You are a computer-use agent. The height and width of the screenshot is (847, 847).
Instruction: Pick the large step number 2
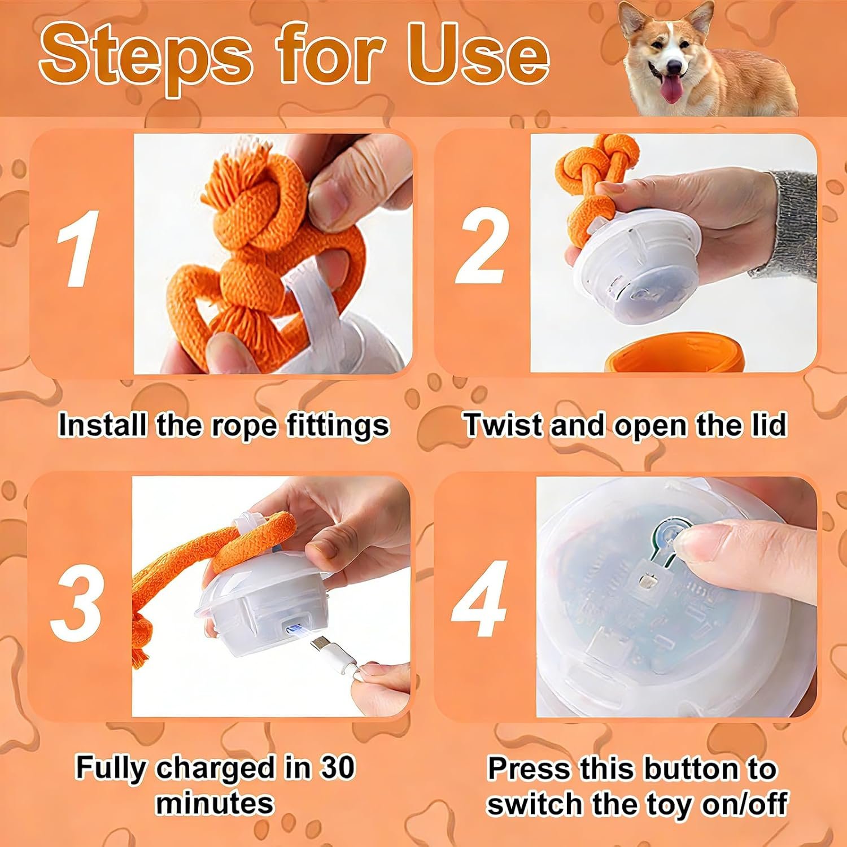click(x=482, y=247)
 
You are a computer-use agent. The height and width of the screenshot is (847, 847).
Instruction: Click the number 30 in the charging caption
click(x=337, y=767)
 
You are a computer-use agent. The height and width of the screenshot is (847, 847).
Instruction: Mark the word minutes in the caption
click(x=215, y=802)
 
